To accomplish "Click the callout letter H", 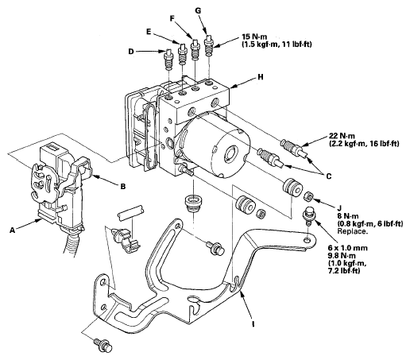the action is click(261, 77).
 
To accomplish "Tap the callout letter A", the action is click(12, 230).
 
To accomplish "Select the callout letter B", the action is click(123, 187).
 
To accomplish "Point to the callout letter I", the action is click(253, 323).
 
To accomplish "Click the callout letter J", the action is click(340, 207).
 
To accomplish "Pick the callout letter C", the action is click(329, 176).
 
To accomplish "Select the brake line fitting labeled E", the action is click(182, 54).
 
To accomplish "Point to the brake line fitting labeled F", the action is click(195, 49).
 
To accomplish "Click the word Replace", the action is click(353, 230).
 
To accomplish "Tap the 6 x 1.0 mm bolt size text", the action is click(347, 248).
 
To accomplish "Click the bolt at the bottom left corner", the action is click(104, 345).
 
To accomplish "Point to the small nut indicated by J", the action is click(309, 196).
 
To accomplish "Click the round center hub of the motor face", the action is click(231, 153).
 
